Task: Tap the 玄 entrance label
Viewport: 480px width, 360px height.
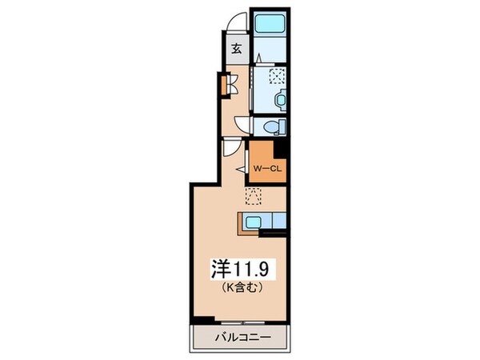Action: pos(237,48)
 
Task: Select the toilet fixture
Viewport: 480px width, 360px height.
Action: pos(273,126)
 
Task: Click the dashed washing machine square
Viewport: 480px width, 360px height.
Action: pos(277,77)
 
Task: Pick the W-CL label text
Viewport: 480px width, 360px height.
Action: pos(265,170)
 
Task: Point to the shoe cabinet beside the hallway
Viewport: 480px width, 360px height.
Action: pos(226,83)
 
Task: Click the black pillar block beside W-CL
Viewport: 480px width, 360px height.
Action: pos(280,148)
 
